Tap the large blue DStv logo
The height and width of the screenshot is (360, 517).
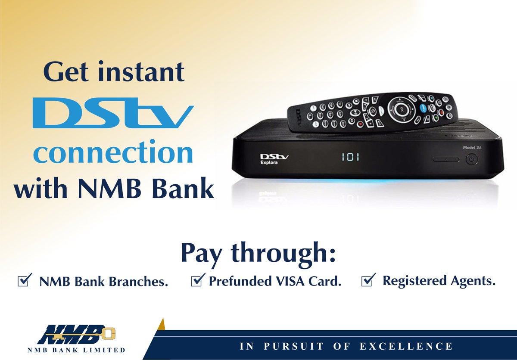tap(113, 114)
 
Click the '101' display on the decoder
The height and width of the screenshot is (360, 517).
tap(351, 157)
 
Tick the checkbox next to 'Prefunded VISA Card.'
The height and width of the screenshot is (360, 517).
tap(197, 281)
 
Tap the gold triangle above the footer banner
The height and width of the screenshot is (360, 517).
tap(162, 323)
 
